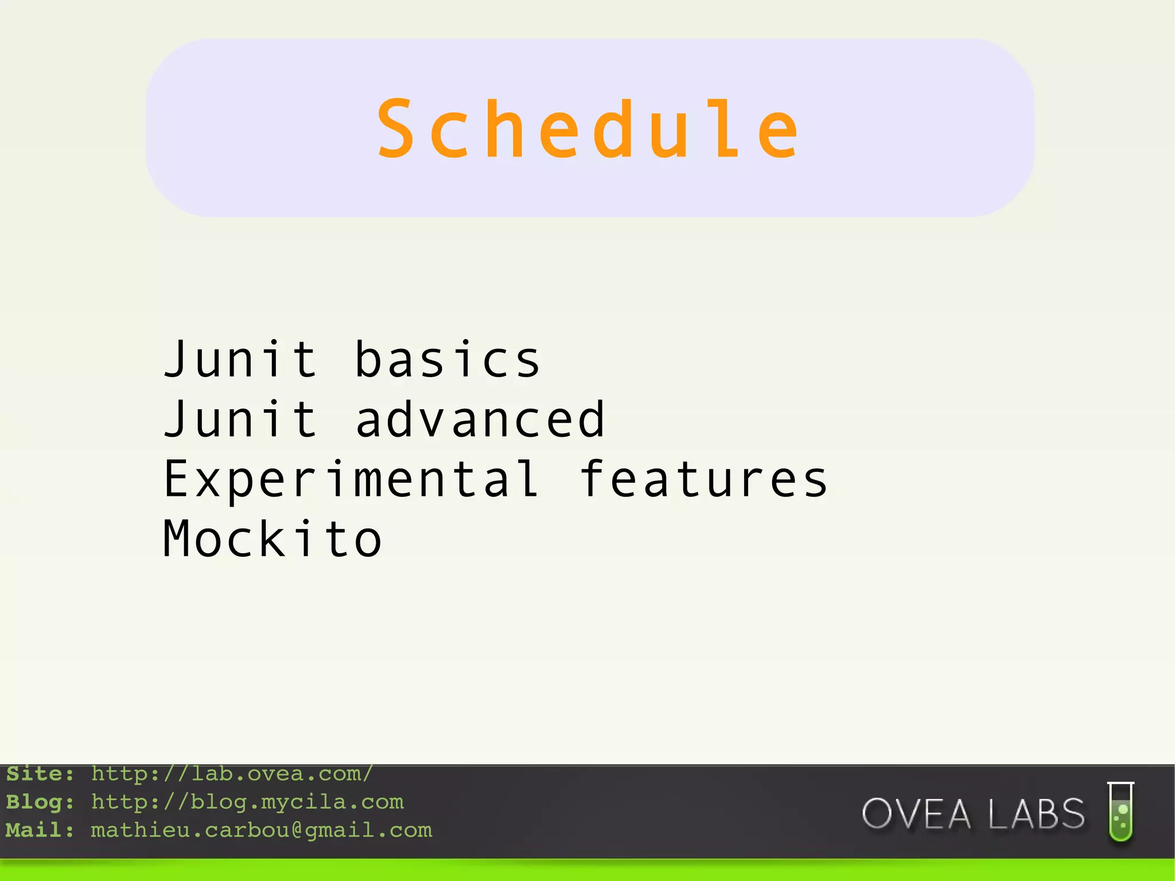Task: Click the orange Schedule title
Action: click(x=588, y=129)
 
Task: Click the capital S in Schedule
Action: click(x=396, y=129)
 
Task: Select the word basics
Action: click(x=448, y=360)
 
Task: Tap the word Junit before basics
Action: click(x=240, y=360)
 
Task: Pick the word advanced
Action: click(x=480, y=420)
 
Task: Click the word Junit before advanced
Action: click(x=240, y=420)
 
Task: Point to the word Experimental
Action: click(x=352, y=480)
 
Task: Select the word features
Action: click(x=703, y=480)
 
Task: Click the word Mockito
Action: click(x=273, y=539)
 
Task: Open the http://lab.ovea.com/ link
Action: click(x=232, y=774)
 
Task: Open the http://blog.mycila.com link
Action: click(x=247, y=802)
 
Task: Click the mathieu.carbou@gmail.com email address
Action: click(x=261, y=830)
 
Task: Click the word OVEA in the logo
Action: click(x=916, y=814)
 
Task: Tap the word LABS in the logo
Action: click(x=1036, y=814)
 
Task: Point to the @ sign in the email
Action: click(x=297, y=830)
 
